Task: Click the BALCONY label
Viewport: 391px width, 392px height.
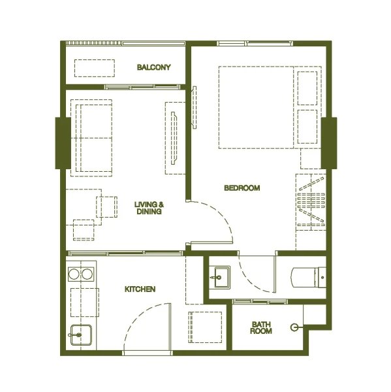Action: [153, 67]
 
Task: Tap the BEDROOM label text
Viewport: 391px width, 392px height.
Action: [242, 188]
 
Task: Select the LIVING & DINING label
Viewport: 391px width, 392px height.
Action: [149, 208]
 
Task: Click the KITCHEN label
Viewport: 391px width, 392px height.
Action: [140, 289]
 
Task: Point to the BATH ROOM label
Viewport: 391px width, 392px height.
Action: [261, 328]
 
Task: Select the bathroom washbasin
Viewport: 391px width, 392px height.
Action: [219, 276]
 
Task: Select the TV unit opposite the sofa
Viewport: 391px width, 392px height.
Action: [174, 137]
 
